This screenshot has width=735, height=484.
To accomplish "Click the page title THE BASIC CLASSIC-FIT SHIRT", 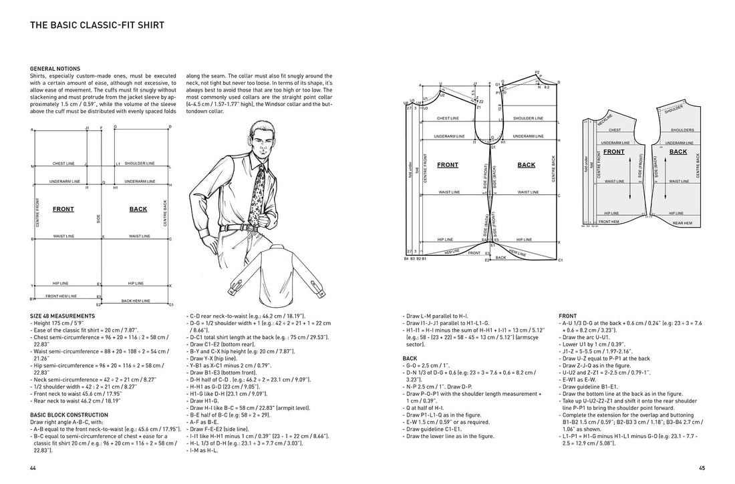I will (97, 26).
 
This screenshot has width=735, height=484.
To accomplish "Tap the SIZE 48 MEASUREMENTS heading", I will (62, 315).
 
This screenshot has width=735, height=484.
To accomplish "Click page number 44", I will (33, 468).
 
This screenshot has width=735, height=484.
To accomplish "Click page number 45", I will (702, 468).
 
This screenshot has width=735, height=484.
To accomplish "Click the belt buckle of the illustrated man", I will (235, 229).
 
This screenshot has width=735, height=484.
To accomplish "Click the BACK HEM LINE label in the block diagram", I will (136, 302).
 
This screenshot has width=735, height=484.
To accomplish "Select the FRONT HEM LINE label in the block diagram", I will (61, 296).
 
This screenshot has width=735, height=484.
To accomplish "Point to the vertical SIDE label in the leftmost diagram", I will (98, 218).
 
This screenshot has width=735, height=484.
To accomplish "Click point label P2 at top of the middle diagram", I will (537, 72).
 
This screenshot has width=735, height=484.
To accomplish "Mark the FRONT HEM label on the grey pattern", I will (609, 221).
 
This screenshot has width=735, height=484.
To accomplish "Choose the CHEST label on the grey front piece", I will (615, 131).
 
